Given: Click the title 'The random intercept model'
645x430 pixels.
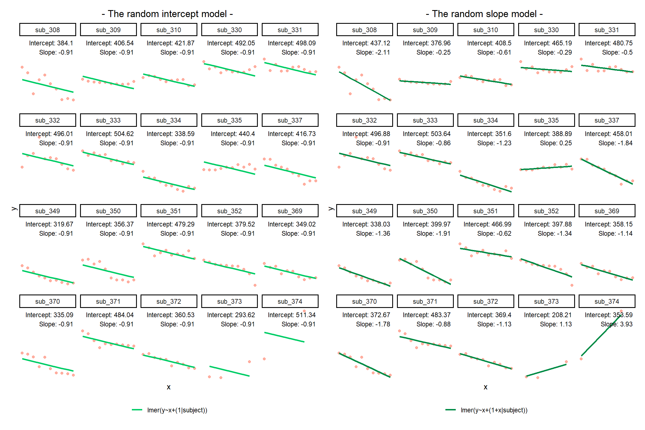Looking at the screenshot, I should click(167, 14).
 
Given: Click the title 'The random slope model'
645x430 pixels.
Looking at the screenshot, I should click(484, 14).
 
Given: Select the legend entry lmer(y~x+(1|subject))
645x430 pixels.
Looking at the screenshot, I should click(177, 410).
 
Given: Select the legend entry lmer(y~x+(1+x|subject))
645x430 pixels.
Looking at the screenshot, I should click(494, 410).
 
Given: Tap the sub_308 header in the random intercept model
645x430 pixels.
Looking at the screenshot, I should click(48, 30).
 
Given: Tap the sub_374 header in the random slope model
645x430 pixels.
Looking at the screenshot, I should click(607, 302).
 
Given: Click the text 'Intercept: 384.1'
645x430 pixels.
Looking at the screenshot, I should click(51, 43).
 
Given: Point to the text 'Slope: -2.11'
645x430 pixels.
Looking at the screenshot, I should click(373, 52).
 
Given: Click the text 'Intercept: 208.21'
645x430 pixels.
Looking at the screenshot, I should click(548, 315).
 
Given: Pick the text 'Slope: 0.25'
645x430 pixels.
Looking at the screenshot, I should click(556, 143).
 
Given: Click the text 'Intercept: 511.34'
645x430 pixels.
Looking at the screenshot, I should click(291, 315).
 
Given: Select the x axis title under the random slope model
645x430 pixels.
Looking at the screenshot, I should click(485, 387).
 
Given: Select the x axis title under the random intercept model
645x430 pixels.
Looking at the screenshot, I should click(169, 387).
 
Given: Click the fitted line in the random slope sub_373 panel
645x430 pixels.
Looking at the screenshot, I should click(546, 370).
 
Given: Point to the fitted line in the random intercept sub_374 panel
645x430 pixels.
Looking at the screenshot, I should click(284, 337).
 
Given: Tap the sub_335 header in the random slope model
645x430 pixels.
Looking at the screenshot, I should click(546, 120).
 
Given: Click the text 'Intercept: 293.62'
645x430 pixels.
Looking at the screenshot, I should click(231, 315).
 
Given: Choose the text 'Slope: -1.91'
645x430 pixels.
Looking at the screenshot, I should click(433, 233).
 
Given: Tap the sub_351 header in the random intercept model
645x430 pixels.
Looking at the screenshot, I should click(169, 211).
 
